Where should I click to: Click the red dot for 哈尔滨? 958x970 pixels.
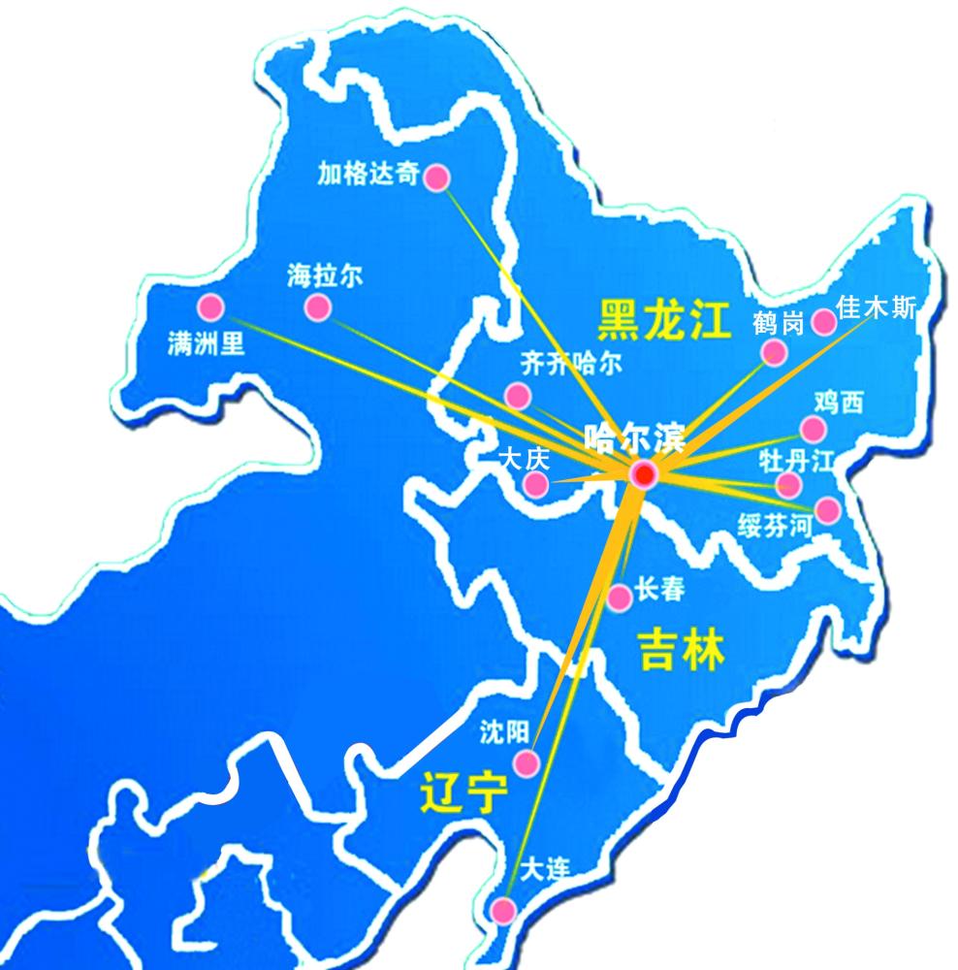643,474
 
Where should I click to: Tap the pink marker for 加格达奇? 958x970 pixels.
437,177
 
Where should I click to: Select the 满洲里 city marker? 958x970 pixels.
210,307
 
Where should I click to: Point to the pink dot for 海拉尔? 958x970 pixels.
317,308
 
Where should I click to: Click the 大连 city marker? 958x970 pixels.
503,910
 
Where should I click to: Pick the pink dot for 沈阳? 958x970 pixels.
526,762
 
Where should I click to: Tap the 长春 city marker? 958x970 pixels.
620,598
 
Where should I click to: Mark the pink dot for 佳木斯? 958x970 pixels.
823,322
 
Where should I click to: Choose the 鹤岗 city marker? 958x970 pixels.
773,351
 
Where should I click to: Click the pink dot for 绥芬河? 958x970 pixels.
827,509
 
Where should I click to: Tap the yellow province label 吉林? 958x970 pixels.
682,649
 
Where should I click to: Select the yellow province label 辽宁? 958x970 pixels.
464,792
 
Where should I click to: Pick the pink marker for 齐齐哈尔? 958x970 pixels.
518,396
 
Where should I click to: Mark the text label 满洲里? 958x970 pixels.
207,344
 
